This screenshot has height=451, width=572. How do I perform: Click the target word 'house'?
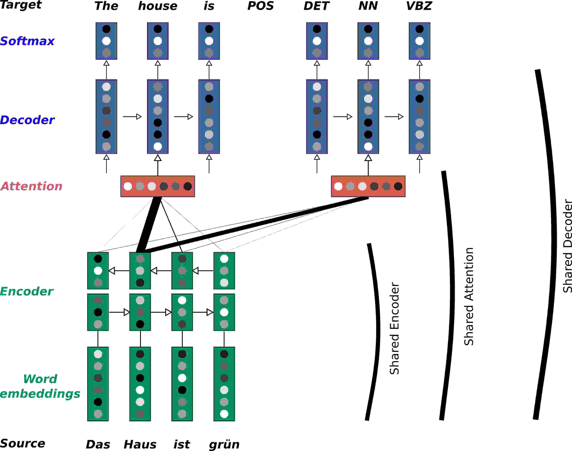pyautogui.click(x=157, y=6)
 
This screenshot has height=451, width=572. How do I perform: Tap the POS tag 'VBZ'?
pyautogui.click(x=419, y=6)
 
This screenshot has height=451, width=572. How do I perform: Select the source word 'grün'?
pyautogui.click(x=224, y=444)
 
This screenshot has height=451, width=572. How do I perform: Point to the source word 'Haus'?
pyautogui.click(x=140, y=444)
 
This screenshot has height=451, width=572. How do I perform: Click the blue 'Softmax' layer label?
pyautogui.click(x=27, y=41)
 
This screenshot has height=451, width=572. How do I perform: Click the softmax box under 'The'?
pyautogui.click(x=106, y=41)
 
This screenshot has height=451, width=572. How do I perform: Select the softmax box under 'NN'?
pyautogui.click(x=368, y=41)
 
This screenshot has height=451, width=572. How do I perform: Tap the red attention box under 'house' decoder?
pyautogui.click(x=157, y=186)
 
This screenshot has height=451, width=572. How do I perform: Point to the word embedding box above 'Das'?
pyautogui.click(x=98, y=384)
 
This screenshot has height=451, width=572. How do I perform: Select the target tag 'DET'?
pyautogui.click(x=316, y=6)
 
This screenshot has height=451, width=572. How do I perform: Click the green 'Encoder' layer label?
pyautogui.click(x=26, y=291)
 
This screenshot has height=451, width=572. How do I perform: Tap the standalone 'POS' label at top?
pyautogui.click(x=260, y=6)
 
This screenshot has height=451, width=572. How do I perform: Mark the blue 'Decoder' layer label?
pyautogui.click(x=27, y=120)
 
